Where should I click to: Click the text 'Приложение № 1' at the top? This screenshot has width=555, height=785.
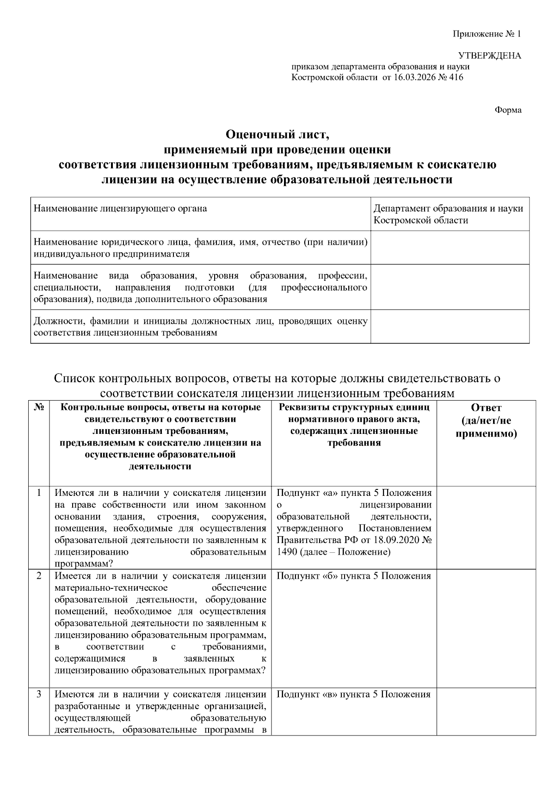point(486,34)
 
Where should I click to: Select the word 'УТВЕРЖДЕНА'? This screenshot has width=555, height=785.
point(489,56)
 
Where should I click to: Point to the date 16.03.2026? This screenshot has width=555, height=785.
point(414,77)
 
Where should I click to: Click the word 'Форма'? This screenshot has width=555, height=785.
point(508,110)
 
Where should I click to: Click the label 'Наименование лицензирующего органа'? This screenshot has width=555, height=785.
point(120,209)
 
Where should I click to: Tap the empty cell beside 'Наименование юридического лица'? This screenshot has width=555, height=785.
point(450,247)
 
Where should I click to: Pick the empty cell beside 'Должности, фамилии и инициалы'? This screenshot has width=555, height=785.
point(450,327)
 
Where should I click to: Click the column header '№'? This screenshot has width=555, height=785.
point(39,408)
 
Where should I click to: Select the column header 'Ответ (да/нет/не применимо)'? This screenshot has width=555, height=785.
point(486,420)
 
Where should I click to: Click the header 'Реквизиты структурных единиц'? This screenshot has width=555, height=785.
point(354,408)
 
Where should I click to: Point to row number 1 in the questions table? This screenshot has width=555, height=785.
point(39,492)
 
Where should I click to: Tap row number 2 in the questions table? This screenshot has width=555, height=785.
point(39,576)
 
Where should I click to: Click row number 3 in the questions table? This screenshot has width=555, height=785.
point(39,694)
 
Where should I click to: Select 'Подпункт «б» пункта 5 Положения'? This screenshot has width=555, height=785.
point(353,576)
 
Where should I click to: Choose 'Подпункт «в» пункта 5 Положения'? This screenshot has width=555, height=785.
point(353,694)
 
